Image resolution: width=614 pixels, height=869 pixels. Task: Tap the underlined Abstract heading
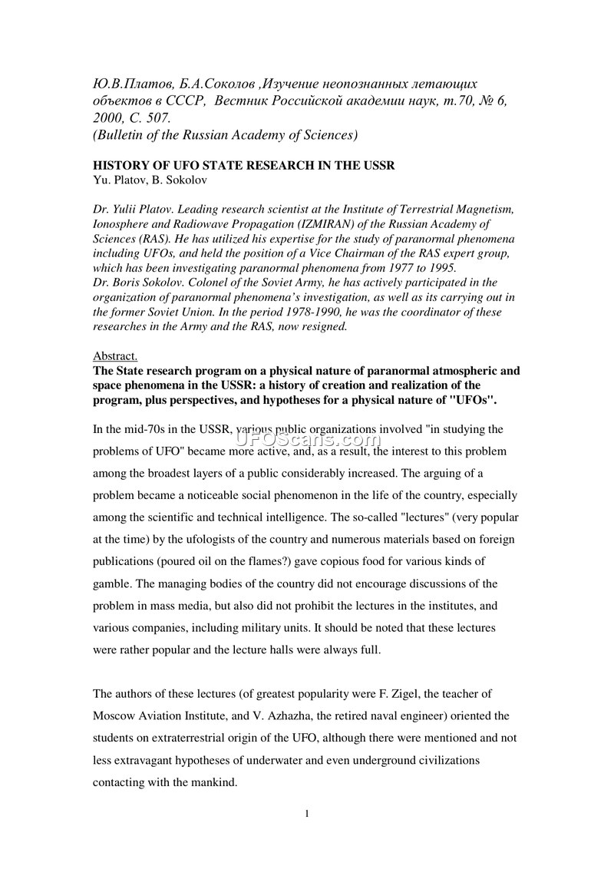[114, 356]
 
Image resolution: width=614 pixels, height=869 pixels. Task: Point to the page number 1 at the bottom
[306, 814]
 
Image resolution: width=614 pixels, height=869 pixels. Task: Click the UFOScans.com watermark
[308, 440]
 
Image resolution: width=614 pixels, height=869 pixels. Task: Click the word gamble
[113, 584]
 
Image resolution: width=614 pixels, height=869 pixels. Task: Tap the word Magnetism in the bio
[487, 210]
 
